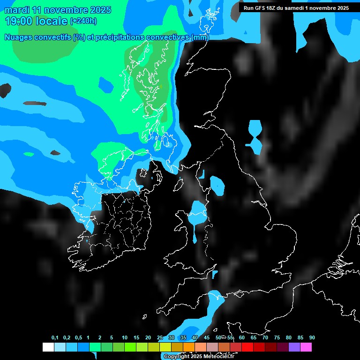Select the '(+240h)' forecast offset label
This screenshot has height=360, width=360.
83,21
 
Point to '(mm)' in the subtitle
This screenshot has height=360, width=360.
200,37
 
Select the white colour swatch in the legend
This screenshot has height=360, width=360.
48,347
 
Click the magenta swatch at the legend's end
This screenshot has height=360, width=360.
306,347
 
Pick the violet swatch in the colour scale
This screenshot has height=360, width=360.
294,347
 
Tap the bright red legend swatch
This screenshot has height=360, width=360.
247,347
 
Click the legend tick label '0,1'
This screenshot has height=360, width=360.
55,338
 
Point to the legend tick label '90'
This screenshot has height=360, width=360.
312,338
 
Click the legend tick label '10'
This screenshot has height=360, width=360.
124,338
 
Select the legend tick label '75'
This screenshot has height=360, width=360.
277,338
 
